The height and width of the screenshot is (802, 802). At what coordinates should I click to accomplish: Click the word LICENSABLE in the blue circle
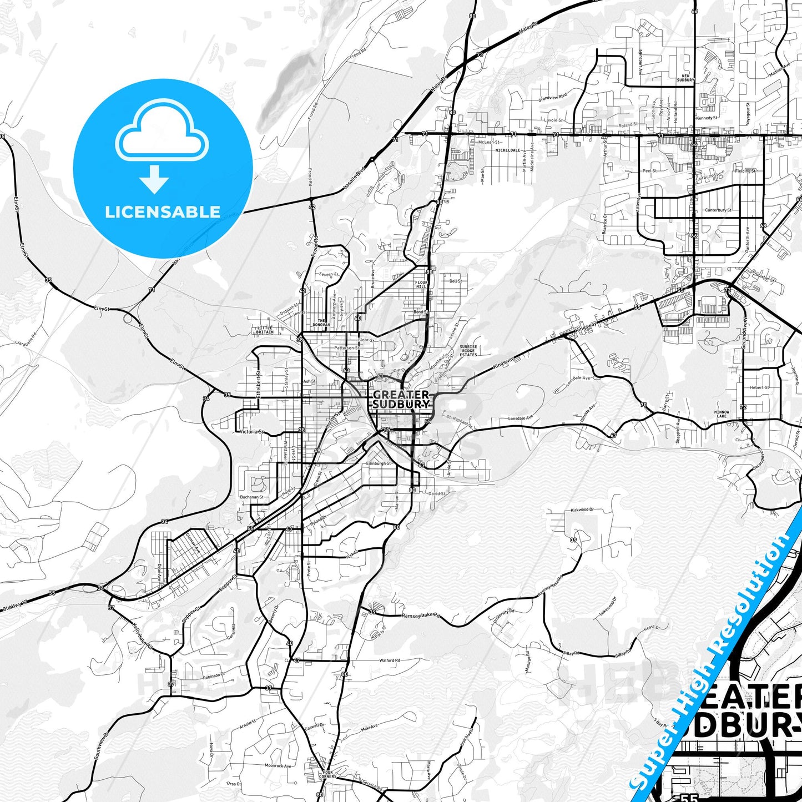[163, 212]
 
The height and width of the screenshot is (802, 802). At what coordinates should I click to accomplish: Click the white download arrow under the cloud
[154, 179]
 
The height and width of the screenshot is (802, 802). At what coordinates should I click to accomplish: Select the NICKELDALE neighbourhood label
[507, 150]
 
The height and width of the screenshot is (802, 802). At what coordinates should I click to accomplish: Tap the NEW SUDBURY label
[685, 78]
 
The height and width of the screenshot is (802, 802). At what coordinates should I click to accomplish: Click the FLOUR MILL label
[422, 284]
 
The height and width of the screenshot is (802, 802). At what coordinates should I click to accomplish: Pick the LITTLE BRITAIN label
[265, 330]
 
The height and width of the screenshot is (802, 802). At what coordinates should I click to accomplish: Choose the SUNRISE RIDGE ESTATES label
[468, 351]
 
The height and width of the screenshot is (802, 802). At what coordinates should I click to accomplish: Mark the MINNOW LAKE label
[721, 413]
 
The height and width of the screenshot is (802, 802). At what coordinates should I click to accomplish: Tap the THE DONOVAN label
[321, 322]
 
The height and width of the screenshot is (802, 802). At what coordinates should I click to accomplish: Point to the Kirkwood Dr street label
[582, 510]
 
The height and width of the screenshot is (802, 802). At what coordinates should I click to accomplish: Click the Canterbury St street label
[718, 210]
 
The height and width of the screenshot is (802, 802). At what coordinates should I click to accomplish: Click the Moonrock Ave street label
[278, 765]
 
